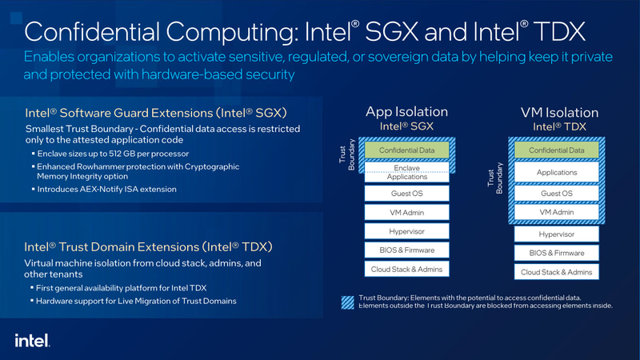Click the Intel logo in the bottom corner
32,340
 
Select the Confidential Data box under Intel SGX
406,150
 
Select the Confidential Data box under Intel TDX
557,150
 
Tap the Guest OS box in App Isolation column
406,193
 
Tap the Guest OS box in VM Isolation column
557,193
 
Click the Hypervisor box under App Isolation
406,231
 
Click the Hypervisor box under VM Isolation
557,234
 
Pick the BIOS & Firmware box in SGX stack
406,250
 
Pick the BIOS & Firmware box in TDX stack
557,253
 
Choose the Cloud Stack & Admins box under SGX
406,270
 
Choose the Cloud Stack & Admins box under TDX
557,272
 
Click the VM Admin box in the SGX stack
406,212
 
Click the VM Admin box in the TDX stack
557,212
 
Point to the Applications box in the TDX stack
557,172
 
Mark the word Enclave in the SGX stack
406,168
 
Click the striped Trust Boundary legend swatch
348,302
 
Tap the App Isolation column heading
406,112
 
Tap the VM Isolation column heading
559,112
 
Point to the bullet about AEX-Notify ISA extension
106,189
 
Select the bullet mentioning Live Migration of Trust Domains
136,301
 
